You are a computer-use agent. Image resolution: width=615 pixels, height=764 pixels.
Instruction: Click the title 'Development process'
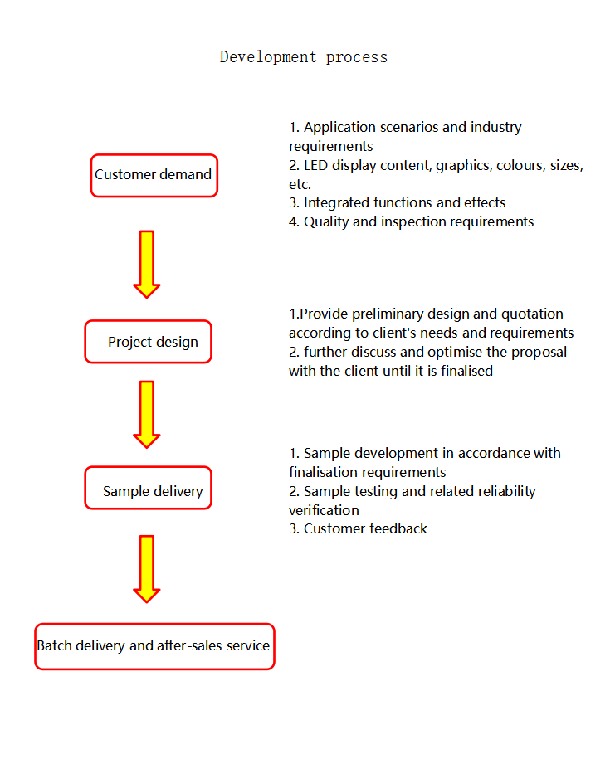click(x=303, y=57)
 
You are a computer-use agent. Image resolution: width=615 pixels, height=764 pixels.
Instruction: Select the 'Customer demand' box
click(x=154, y=175)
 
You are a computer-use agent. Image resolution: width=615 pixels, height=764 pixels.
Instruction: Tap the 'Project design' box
click(x=148, y=342)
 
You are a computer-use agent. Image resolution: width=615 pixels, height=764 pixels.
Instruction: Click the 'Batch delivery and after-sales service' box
click(x=154, y=646)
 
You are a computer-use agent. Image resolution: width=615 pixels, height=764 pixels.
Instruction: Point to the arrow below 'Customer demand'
click(x=147, y=264)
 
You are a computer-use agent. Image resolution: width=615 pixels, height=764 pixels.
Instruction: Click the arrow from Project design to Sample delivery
click(x=147, y=414)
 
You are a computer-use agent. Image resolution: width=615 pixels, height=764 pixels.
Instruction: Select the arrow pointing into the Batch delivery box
click(x=147, y=568)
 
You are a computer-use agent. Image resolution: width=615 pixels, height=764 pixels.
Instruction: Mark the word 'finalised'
click(x=465, y=371)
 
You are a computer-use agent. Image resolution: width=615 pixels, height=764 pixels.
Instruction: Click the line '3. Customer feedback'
click(x=358, y=528)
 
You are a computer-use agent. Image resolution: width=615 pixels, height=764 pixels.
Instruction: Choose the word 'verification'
click(x=324, y=510)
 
